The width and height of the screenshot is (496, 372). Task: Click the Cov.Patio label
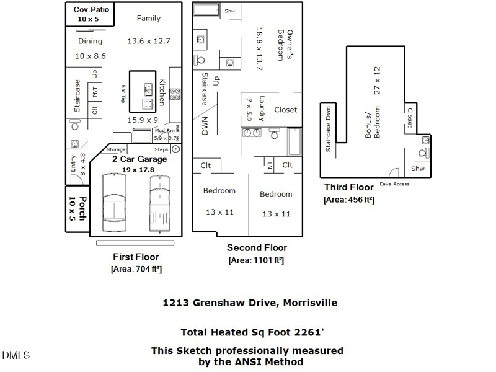tap(91, 10)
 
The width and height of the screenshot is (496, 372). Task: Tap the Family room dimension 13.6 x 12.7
tap(149, 41)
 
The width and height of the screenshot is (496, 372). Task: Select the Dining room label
tap(91, 41)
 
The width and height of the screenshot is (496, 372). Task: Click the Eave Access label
tap(394, 184)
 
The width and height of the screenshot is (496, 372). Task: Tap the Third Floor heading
tap(348, 187)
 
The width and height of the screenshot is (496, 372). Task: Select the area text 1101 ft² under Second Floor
tap(256, 260)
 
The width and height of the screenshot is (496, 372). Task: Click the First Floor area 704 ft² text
tap(136, 269)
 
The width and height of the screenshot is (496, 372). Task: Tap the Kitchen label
tap(161, 92)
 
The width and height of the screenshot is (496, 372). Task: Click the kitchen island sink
tap(148, 89)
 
